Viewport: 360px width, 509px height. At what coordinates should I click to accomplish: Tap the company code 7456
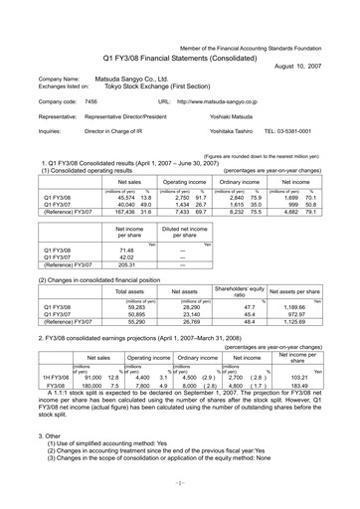point(91,101)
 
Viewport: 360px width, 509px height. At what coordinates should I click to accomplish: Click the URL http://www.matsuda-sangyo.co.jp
point(232,101)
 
